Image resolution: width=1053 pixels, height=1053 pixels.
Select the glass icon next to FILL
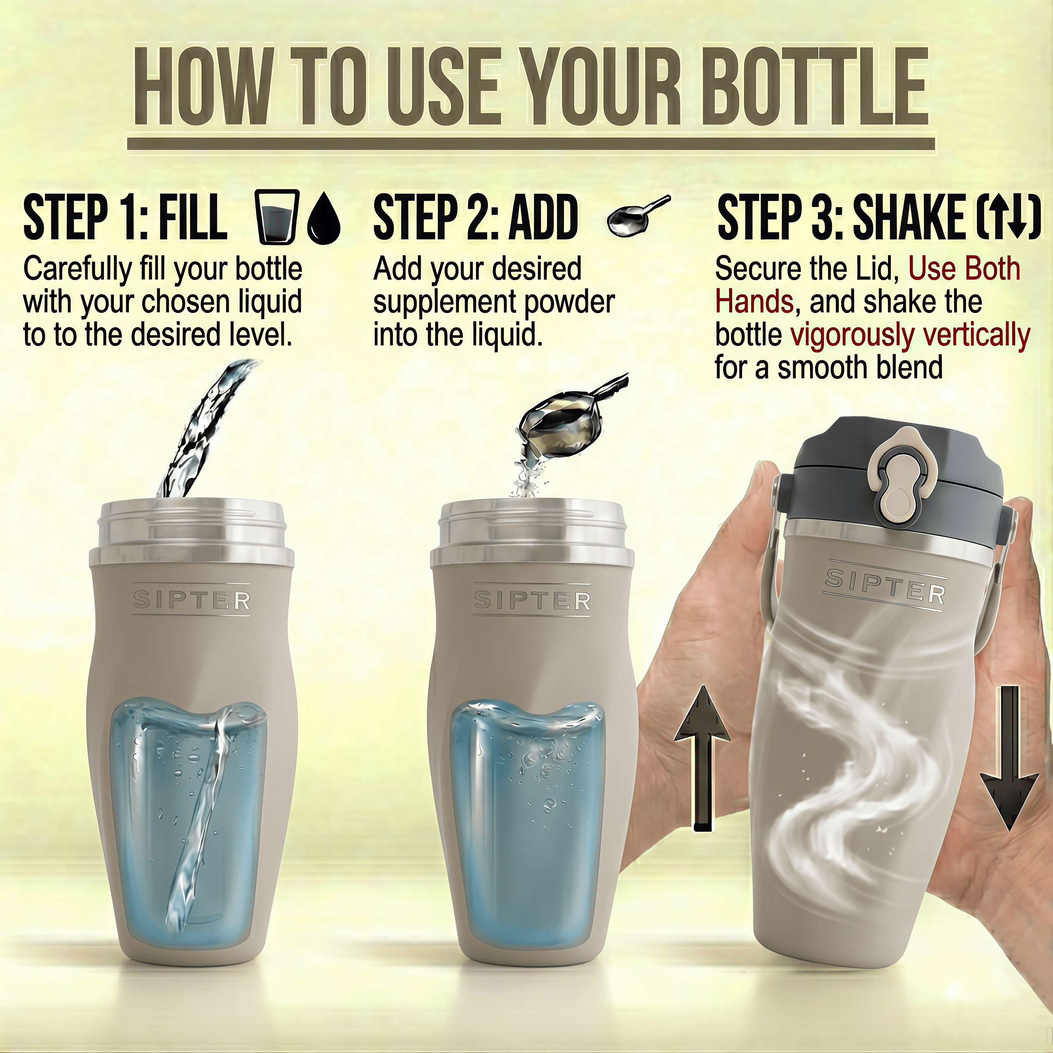click(277, 217)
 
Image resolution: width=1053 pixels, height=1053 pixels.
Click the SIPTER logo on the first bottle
click(192, 600)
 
